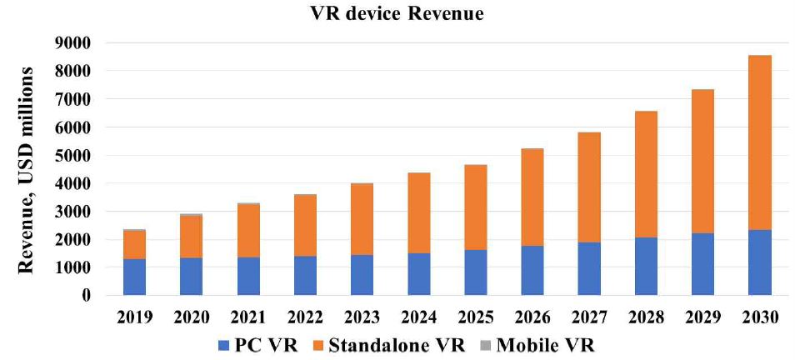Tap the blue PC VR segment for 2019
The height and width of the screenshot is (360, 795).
(x=134, y=277)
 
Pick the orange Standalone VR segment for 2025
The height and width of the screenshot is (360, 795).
(x=475, y=207)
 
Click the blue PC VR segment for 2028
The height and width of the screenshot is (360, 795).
(x=646, y=266)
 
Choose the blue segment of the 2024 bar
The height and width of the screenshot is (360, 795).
(x=418, y=274)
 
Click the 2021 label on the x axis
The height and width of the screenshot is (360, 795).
(x=248, y=317)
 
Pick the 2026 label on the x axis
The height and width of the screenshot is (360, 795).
(x=532, y=317)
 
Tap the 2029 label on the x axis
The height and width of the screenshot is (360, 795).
(x=702, y=317)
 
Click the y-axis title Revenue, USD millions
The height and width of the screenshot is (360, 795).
(x=27, y=169)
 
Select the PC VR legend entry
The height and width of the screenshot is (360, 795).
(x=245, y=344)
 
